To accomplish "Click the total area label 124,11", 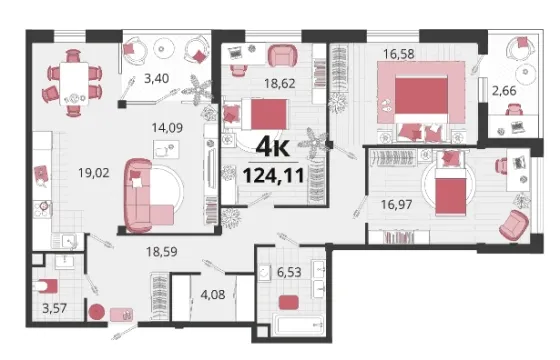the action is click(274, 175).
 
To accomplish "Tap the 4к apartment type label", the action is click(272, 147).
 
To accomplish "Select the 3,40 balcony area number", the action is click(156, 78).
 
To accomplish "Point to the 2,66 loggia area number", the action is click(504, 91).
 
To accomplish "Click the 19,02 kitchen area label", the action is click(94, 173).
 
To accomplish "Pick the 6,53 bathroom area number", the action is click(289, 272).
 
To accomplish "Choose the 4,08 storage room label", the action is click(212, 295).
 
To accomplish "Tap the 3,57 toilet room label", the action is click(54, 308).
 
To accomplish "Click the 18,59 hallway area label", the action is click(161, 252).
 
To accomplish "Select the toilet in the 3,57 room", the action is click(45, 286).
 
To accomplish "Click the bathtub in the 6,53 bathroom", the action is click(298, 324).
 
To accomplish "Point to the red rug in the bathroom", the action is click(289, 302).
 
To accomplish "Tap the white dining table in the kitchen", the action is click(74, 84).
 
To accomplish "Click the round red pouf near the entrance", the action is click(96, 312).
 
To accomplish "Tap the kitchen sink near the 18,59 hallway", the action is click(69, 241).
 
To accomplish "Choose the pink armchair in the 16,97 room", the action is click(513, 225).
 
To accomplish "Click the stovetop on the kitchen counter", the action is click(42, 209).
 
